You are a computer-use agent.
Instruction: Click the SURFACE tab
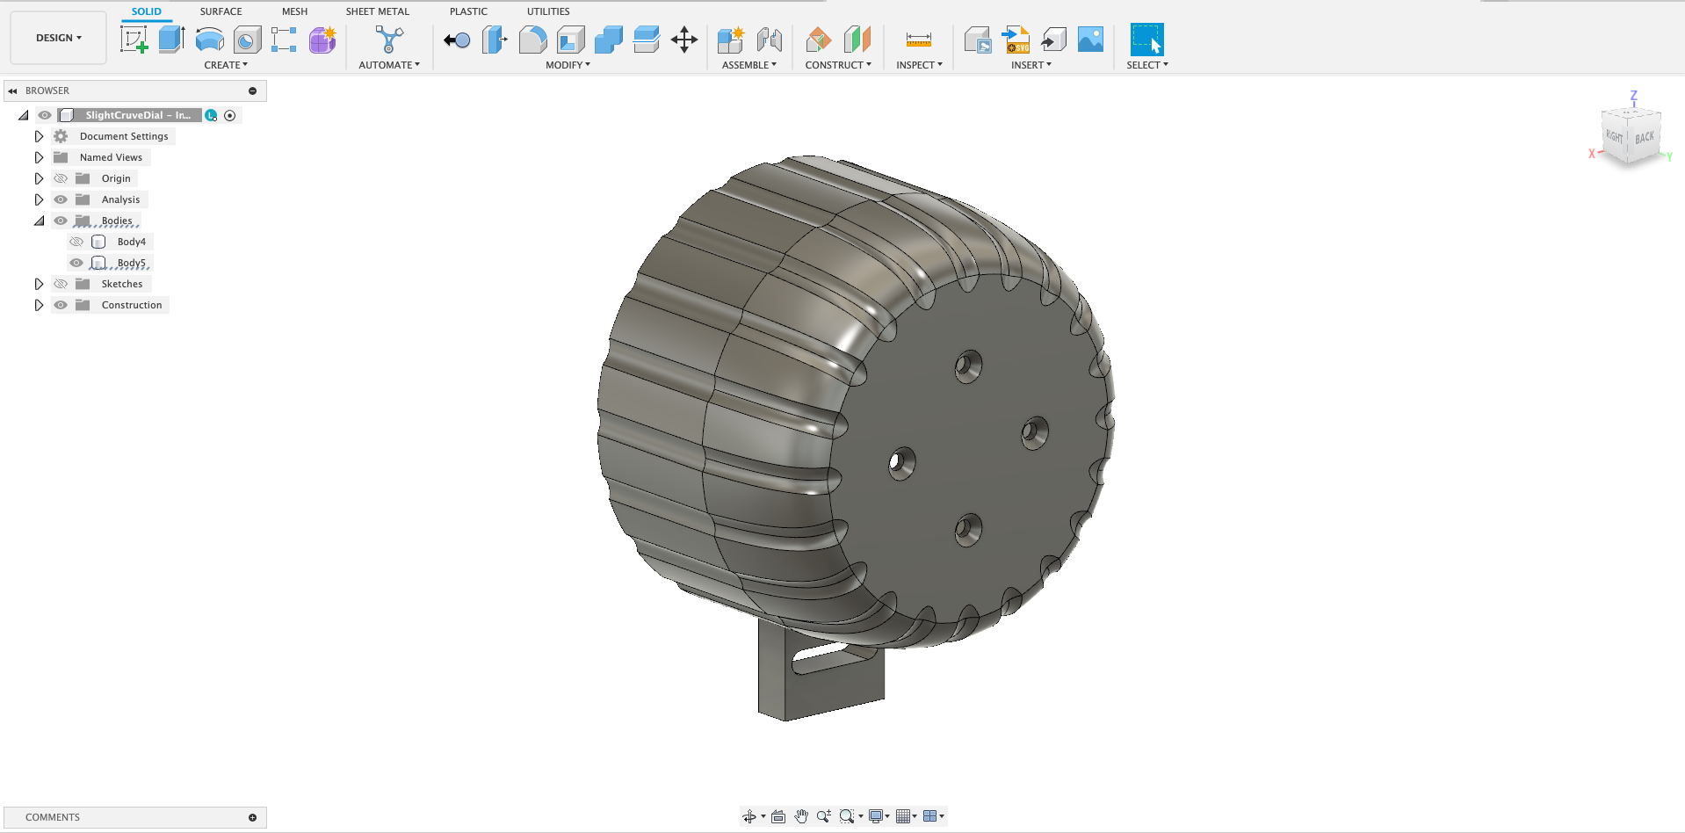[x=221, y=11]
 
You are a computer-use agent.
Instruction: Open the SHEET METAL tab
[x=377, y=11]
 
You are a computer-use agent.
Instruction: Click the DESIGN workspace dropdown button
[x=58, y=38]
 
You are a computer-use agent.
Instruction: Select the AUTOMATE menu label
[x=388, y=65]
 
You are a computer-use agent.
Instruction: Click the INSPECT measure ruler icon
[x=918, y=40]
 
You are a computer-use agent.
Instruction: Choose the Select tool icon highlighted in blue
[x=1146, y=40]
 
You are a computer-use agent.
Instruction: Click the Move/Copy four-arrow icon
[x=683, y=40]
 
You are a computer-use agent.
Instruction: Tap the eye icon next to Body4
[x=76, y=242]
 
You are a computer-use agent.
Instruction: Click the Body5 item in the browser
[x=131, y=263]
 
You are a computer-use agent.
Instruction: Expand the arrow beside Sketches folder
[x=39, y=284]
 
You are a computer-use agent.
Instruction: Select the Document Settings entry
[x=123, y=136]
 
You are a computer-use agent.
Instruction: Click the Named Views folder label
[x=111, y=157]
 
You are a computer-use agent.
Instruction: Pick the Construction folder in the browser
[x=131, y=305]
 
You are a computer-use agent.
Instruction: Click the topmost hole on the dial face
[x=968, y=366]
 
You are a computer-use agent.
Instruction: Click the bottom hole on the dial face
[x=967, y=530]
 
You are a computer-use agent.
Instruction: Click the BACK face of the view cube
[x=1644, y=138]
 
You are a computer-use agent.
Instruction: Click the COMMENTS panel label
[x=53, y=817]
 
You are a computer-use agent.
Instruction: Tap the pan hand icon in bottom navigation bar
[x=800, y=816]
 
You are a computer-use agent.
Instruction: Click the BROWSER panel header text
[x=47, y=91]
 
